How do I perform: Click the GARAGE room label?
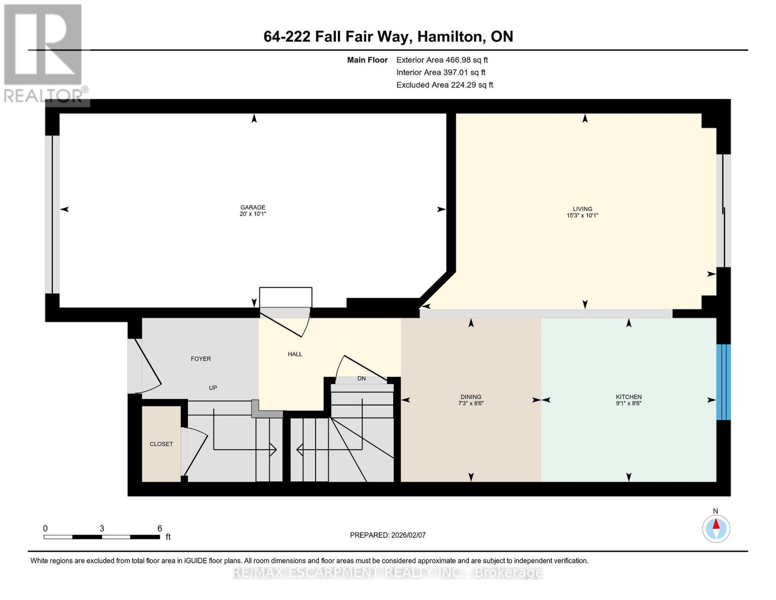tap(253, 207)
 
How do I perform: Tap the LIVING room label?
tap(582, 209)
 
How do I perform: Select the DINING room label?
tap(471, 397)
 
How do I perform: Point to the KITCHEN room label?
tap(629, 397)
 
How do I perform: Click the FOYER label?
tap(201, 358)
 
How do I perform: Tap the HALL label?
tap(295, 354)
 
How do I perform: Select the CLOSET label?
tap(161, 444)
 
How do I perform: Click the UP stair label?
tap(213, 387)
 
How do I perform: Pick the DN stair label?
tap(361, 378)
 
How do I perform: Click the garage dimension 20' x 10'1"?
tap(253, 214)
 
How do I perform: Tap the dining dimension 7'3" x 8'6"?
tap(471, 403)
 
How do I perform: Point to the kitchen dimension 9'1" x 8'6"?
tap(629, 403)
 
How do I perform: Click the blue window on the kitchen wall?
tap(724, 382)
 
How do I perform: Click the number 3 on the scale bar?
tap(102, 528)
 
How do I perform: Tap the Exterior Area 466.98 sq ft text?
tap(442, 59)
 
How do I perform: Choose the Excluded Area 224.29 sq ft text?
tap(445, 85)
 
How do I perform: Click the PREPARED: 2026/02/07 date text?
tap(388, 535)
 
